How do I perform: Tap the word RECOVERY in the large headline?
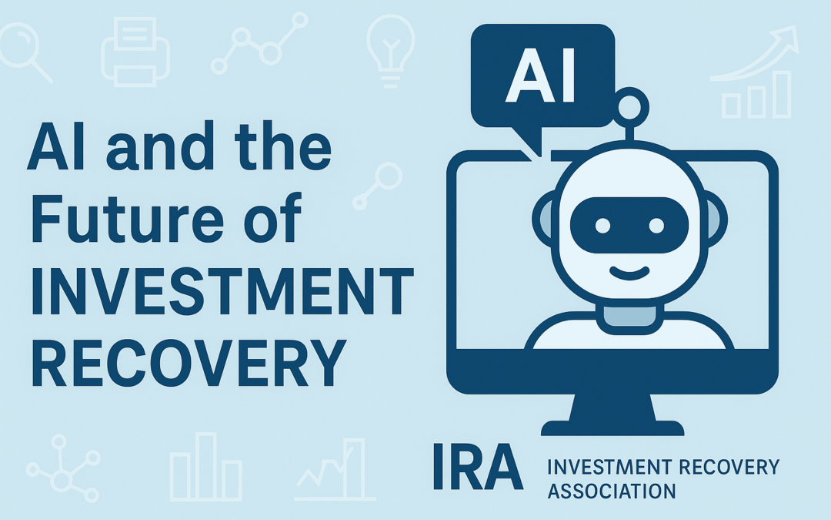click(185, 364)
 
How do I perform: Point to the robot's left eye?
click(602, 226)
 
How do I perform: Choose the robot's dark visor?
click(626, 225)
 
